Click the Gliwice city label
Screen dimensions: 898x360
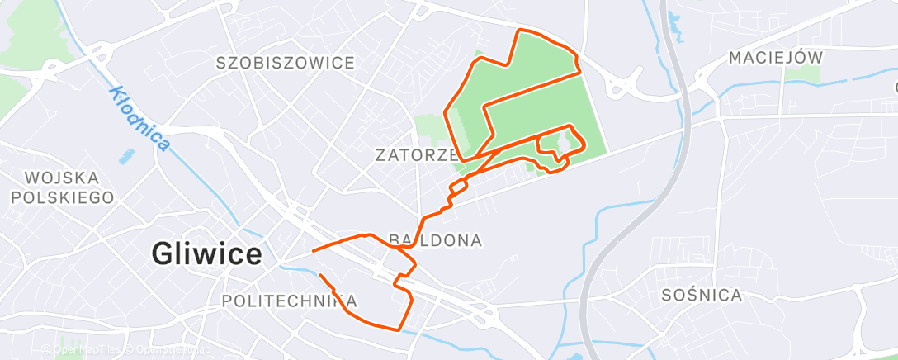click(207, 253)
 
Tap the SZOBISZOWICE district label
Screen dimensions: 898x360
click(286, 63)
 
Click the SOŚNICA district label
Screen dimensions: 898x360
click(702, 295)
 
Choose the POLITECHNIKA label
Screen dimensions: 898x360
click(290, 301)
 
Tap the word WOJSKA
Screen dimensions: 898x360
click(63, 178)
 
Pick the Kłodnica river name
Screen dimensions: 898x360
click(139, 119)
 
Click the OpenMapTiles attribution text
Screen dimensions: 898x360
click(83, 350)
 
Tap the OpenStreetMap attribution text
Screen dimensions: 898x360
click(168, 350)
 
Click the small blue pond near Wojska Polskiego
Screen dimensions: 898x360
click(125, 155)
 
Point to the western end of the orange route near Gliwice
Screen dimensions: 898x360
click(314, 250)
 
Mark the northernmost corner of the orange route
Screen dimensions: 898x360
click(519, 31)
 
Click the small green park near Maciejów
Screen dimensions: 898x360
click(801, 74)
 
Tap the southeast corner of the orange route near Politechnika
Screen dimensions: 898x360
click(402, 329)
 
